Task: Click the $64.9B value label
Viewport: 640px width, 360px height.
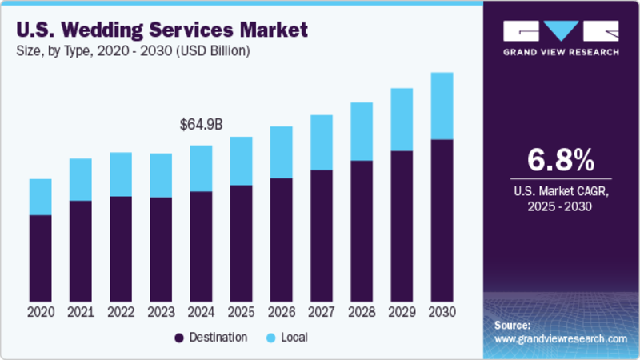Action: pos(200,125)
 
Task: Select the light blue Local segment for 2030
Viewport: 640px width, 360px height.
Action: pos(442,106)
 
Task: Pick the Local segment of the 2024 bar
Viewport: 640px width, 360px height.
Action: pos(200,168)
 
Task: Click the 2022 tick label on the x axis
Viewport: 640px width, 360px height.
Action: pos(120,312)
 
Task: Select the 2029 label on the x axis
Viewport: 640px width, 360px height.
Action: pos(402,312)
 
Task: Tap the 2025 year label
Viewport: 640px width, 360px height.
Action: pos(241,312)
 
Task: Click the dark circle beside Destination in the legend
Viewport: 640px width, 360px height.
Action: pos(179,338)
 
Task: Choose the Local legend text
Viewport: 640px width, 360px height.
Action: pos(293,338)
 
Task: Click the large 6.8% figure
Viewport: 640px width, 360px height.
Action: pos(561,159)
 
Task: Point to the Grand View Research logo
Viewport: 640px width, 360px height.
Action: pos(561,37)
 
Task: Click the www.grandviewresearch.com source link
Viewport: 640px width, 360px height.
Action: pos(561,339)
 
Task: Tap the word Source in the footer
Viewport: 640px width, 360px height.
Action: pos(512,326)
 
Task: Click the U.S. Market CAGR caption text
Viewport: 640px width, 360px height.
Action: pos(561,192)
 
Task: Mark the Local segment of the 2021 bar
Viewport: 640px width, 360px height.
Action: pos(80,179)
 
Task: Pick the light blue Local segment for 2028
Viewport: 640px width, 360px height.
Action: pos(362,131)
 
